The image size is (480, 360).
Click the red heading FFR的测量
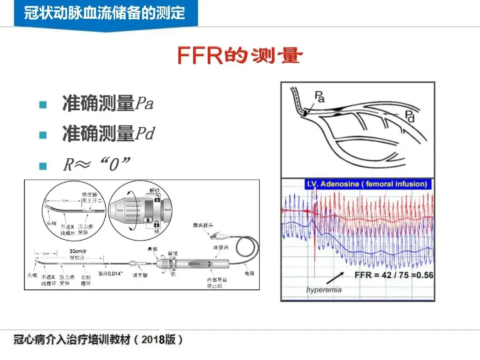(240, 56)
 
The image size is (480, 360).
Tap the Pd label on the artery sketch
(410, 116)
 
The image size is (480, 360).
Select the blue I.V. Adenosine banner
(367, 184)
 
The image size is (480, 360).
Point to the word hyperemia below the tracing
(324, 290)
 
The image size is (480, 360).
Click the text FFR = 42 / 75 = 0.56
(393, 275)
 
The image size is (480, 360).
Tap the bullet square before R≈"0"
(43, 166)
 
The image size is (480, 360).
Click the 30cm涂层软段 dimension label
(78, 254)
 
